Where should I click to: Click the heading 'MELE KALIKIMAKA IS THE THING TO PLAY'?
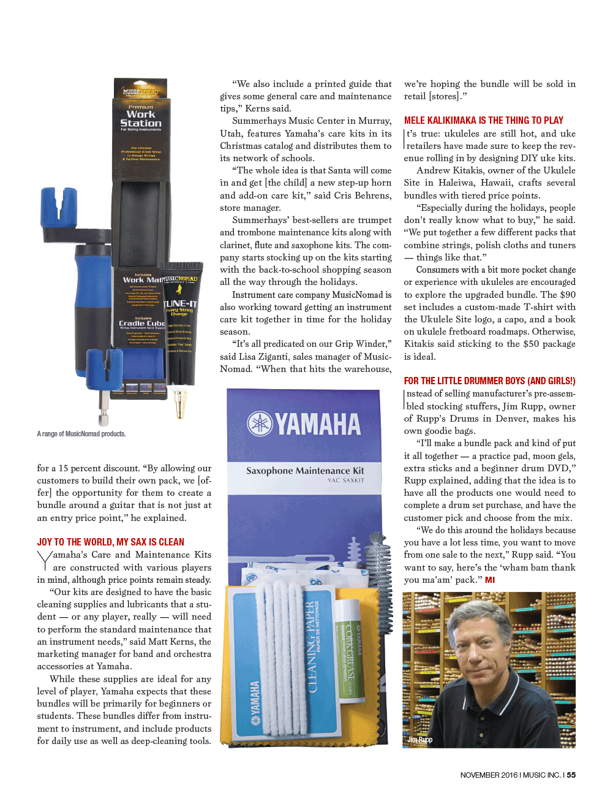pyautogui.click(x=483, y=121)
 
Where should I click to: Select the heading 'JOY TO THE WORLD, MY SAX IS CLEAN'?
pyautogui.click(x=110, y=542)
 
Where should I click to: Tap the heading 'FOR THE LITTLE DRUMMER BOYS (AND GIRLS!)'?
pyautogui.click(x=489, y=381)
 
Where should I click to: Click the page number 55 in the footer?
pyautogui.click(x=571, y=775)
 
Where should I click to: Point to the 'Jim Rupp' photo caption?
pyautogui.click(x=420, y=740)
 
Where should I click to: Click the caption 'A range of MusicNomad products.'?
pyautogui.click(x=81, y=434)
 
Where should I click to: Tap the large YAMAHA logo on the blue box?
pyautogui.click(x=304, y=424)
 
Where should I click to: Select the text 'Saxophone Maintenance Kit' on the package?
pyautogui.click(x=305, y=471)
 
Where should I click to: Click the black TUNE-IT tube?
pyautogui.click(x=181, y=325)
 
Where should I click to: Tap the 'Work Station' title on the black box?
pyautogui.click(x=141, y=118)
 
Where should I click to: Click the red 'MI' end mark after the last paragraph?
pyautogui.click(x=490, y=580)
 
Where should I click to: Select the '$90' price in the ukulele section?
pyautogui.click(x=567, y=295)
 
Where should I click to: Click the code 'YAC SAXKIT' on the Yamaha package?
pyautogui.click(x=345, y=480)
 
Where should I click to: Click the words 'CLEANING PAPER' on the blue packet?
pyautogui.click(x=312, y=647)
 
